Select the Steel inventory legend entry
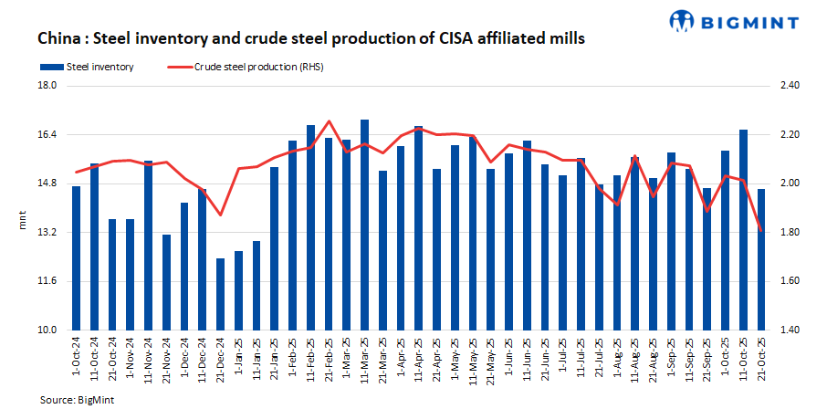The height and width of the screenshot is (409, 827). coord(87,67)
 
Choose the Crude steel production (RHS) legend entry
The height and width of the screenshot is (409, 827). coord(246,67)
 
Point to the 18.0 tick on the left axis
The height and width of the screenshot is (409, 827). coord(46,86)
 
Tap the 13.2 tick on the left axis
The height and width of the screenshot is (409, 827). coord(46,233)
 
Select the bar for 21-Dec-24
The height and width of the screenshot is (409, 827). coord(220,294)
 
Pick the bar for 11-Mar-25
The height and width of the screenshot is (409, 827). coord(364,225)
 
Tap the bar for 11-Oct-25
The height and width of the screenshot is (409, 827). coord(743,230)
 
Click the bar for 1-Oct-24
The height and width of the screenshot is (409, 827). coord(76,258)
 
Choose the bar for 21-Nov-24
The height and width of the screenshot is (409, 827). coord(166,282)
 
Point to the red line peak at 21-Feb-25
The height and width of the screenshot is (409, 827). coord(329,121)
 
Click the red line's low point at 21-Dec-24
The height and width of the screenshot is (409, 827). coord(220,215)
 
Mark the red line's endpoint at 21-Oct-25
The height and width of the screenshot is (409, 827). coord(761,231)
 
